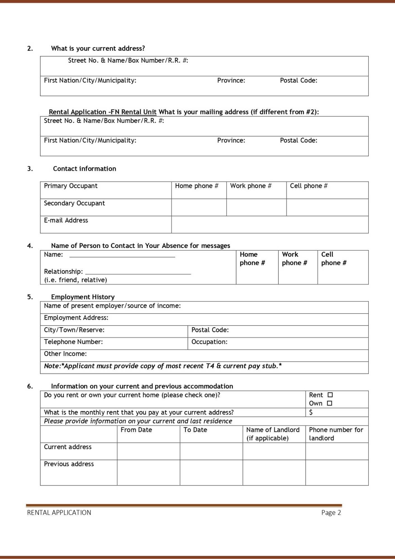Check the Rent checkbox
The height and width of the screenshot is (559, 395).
(330, 395)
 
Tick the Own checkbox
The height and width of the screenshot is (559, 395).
(329, 403)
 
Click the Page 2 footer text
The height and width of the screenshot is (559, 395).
(331, 513)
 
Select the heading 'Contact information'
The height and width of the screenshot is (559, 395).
(84, 169)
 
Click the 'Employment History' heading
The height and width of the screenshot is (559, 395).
(83, 297)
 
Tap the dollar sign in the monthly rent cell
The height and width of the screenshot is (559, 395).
(311, 412)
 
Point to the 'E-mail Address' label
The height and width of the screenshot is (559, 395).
(66, 221)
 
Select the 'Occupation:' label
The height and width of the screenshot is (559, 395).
(209, 342)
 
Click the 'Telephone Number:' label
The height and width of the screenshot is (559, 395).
(73, 342)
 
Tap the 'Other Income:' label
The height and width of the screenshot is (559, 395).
(65, 354)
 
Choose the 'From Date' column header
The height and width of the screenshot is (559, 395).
(136, 430)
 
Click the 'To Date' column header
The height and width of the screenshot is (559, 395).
(195, 430)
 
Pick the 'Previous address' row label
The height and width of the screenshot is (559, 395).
(69, 464)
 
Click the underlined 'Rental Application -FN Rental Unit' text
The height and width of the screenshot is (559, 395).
(103, 112)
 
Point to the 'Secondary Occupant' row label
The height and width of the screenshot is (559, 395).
(74, 203)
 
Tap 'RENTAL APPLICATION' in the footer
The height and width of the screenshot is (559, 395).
(59, 513)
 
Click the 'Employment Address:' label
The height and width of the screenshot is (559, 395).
(76, 318)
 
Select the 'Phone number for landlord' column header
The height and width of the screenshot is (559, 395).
(336, 434)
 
